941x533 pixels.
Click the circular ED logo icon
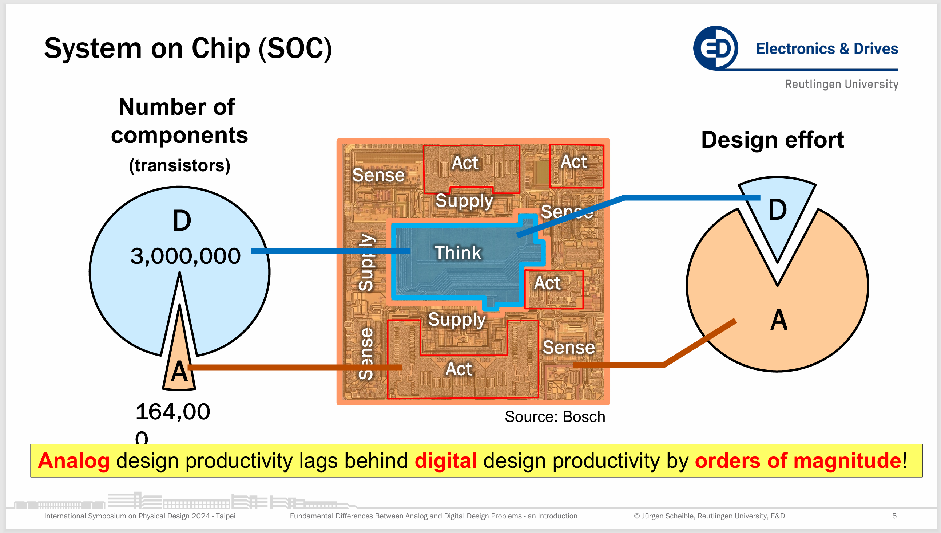pyautogui.click(x=715, y=48)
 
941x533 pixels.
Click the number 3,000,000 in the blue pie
pyautogui.click(x=185, y=256)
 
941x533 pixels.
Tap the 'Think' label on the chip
pyautogui.click(x=458, y=253)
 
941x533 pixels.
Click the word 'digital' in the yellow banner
pyautogui.click(x=446, y=461)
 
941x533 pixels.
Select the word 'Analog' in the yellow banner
pyautogui.click(x=74, y=461)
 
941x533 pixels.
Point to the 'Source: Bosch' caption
pyautogui.click(x=555, y=416)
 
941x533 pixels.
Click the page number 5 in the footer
pyautogui.click(x=894, y=516)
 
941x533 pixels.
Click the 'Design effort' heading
pyautogui.click(x=772, y=140)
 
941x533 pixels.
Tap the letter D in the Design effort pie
pyautogui.click(x=777, y=210)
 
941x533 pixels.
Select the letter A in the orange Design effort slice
pyautogui.click(x=779, y=320)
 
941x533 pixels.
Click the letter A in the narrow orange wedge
pyautogui.click(x=179, y=372)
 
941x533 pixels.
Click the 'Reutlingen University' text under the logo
pyautogui.click(x=841, y=84)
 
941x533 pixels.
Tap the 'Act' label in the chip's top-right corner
pyautogui.click(x=573, y=162)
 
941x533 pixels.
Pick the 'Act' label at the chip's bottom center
pyautogui.click(x=458, y=369)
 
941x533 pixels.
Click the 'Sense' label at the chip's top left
pyautogui.click(x=378, y=175)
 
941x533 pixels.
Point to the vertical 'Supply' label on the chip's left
pyautogui.click(x=366, y=262)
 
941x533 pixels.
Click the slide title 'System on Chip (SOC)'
pyautogui.click(x=188, y=48)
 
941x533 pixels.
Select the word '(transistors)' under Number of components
pyautogui.click(x=179, y=165)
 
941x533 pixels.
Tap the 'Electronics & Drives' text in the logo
pyautogui.click(x=827, y=49)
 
